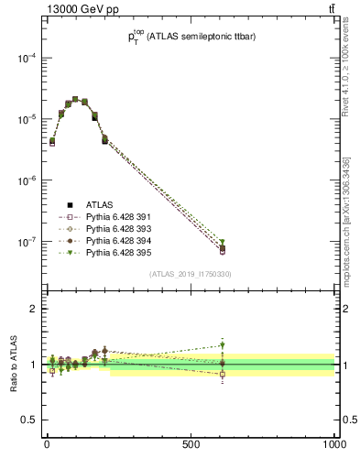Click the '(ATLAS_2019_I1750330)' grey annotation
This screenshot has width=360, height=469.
[191, 274]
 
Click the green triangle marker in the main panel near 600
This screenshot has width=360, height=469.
[223, 243]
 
